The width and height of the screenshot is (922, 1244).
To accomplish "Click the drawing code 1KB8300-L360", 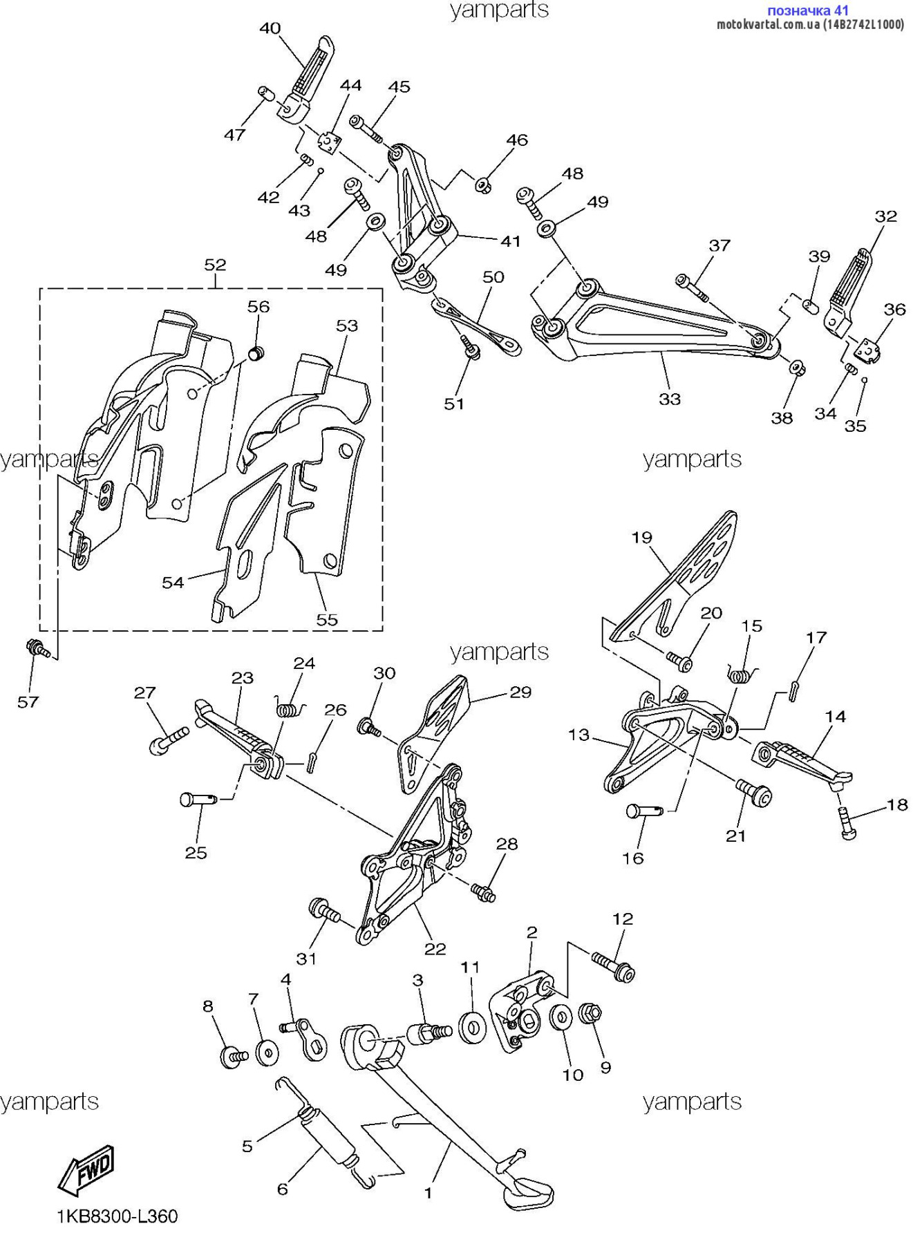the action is [117, 1217].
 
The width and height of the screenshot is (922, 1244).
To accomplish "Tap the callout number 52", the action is [215, 265].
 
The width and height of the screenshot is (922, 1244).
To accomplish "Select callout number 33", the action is [670, 399].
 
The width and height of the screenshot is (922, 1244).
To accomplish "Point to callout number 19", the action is [641, 537].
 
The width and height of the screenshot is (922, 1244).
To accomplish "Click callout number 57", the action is [28, 702].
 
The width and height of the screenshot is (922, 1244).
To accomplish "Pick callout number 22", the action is [435, 949].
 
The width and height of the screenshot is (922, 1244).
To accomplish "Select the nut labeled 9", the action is [590, 1015].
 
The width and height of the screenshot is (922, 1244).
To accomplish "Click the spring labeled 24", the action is [289, 708].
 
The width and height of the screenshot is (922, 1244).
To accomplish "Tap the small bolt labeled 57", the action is [38, 648].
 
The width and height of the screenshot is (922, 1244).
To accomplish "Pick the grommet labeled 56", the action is [256, 355].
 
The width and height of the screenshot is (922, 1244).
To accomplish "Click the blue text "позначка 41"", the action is [808, 10].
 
